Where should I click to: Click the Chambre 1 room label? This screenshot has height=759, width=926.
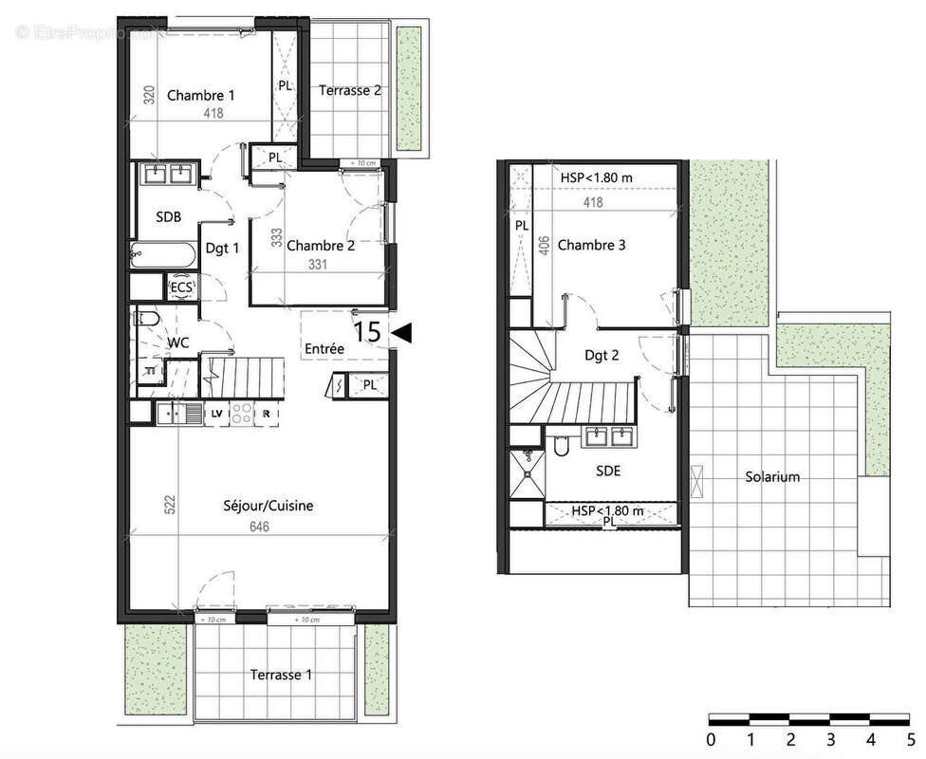coord(200,95)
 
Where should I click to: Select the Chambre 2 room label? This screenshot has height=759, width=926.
coord(321,245)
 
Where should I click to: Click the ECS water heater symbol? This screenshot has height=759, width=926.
coord(180,287)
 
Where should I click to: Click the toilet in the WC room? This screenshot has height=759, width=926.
coord(148,320)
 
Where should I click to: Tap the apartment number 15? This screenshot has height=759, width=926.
coord(368,332)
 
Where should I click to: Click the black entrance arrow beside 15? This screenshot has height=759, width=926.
coord(400,332)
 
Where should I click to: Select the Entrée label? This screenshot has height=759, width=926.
coord(324,349)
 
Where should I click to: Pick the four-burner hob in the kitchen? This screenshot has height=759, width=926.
coord(241,413)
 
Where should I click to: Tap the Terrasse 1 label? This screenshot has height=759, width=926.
coord(280,676)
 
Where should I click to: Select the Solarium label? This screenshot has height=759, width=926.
coord(771,477)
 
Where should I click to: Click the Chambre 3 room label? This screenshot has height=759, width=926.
coord(591,246)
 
